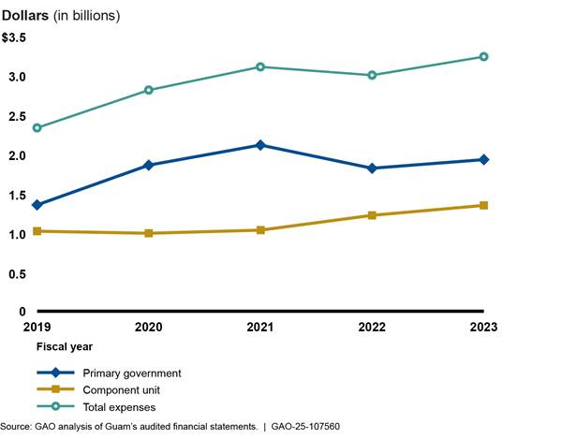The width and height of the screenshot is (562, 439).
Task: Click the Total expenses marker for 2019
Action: [37, 127]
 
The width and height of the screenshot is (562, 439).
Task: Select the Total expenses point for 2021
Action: [260, 66]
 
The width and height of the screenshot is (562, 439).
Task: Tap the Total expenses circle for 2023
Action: [483, 56]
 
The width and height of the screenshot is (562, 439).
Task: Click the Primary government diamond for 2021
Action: [260, 145]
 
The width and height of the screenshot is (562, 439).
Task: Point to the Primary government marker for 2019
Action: [37, 204]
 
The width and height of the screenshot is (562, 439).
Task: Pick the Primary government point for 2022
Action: [372, 168]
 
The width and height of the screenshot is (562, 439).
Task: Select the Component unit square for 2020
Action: [149, 233]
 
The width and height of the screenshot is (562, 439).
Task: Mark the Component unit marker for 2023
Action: [483, 205]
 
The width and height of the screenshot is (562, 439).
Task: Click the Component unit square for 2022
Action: [372, 215]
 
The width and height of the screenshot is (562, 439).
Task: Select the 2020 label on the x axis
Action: [149, 328]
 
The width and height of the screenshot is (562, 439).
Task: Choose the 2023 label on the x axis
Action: [483, 328]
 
